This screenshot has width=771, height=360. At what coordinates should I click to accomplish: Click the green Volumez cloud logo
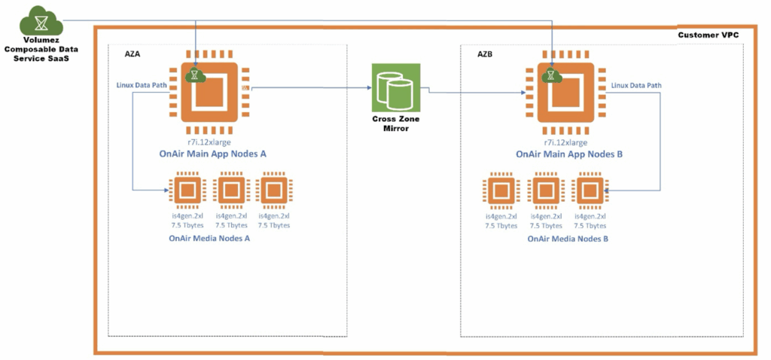pyautogui.click(x=35, y=18)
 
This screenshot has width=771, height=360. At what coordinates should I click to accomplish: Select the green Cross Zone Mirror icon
pyautogui.click(x=397, y=89)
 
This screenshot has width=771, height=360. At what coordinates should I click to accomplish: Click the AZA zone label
pyautogui.click(x=133, y=54)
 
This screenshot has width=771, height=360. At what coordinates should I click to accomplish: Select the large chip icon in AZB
pyautogui.click(x=565, y=93)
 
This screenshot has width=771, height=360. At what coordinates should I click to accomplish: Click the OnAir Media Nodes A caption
pyautogui.click(x=209, y=238)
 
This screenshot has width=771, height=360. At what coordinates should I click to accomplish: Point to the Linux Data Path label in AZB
pyautogui.click(x=636, y=85)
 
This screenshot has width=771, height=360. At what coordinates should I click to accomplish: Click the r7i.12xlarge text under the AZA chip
pyautogui.click(x=209, y=141)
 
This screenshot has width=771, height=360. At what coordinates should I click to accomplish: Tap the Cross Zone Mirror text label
pyautogui.click(x=397, y=124)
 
